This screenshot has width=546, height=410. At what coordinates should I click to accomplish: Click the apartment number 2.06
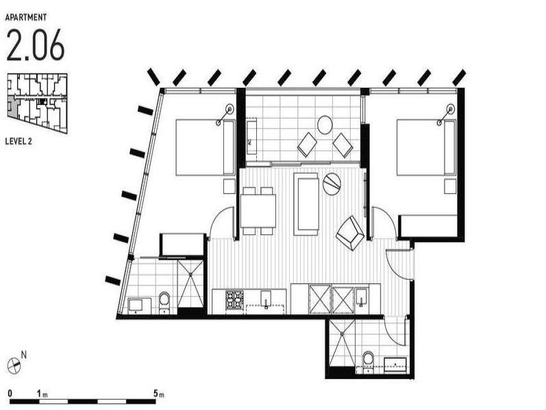(x=35, y=45)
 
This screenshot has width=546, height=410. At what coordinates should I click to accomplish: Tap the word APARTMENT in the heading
(x=26, y=17)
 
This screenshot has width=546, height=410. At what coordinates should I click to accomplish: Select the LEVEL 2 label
(x=18, y=141)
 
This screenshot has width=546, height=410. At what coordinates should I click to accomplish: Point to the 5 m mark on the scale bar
(x=156, y=394)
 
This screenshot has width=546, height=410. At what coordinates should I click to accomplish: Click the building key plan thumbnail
(x=37, y=103)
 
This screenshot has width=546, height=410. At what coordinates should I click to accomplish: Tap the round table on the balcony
(x=325, y=125)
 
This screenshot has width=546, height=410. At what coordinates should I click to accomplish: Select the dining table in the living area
(x=258, y=211)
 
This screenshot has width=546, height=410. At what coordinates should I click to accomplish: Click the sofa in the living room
(x=306, y=204)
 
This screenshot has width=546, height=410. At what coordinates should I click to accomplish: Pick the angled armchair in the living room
(x=350, y=233)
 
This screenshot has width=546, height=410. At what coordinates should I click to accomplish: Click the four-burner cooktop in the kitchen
(x=234, y=300)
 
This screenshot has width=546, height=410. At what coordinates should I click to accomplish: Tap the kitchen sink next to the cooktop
(x=266, y=299)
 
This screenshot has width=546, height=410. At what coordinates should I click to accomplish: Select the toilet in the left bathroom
(x=164, y=302)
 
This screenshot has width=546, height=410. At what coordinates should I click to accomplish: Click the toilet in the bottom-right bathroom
(x=368, y=363)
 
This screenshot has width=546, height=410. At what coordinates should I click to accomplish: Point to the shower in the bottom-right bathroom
(x=342, y=343)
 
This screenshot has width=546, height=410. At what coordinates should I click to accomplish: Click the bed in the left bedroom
(x=206, y=147)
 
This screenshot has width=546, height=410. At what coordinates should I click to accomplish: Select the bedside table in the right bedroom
(x=450, y=186)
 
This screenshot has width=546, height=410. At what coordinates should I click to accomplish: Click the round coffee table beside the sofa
(x=332, y=184)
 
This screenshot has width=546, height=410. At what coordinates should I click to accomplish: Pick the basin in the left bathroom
(x=135, y=304)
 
